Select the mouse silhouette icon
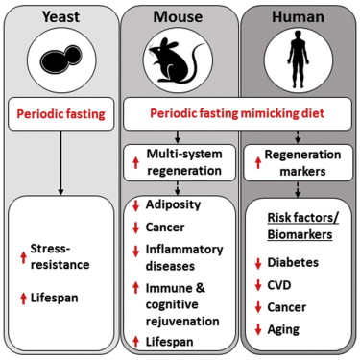click(180, 61)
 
